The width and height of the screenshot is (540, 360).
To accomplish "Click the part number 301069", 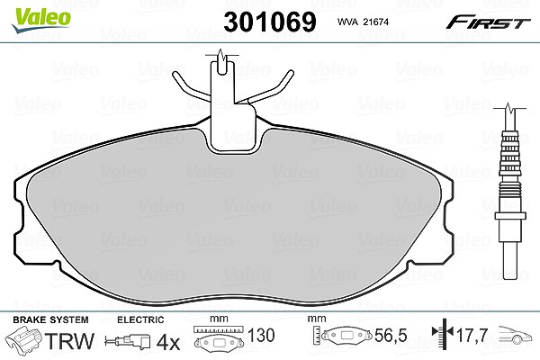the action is tap(270, 22).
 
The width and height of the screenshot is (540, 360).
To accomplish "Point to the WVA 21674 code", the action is tap(363, 22).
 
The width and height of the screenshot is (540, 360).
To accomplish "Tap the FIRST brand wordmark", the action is tap(488, 22).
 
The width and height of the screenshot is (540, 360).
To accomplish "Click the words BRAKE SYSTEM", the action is tap(50, 319).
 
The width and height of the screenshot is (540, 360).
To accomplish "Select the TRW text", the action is tap(69, 341).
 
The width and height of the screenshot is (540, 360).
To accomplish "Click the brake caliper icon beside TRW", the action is tap(24, 340).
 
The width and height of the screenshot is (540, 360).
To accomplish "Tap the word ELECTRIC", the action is tap(140, 320).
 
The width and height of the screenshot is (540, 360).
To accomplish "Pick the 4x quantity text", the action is tap(168, 343).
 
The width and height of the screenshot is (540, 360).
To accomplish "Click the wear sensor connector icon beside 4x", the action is tap(128, 342).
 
